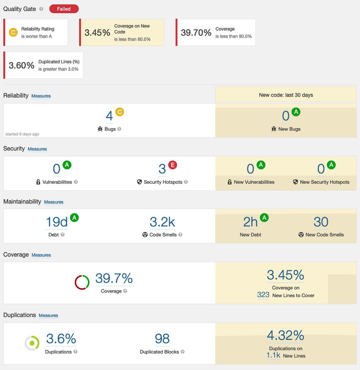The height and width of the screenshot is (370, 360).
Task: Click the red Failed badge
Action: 64,9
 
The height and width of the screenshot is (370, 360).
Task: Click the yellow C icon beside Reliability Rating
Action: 13,32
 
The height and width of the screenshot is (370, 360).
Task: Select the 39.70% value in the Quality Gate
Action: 196,33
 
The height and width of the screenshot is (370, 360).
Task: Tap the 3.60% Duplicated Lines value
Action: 22,65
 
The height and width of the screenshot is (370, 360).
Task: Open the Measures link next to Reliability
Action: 41,96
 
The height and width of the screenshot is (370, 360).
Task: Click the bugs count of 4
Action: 109,116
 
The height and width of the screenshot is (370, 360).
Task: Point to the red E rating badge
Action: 173,165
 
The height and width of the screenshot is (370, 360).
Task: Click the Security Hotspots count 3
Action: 162,169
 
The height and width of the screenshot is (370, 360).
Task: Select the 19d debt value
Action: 56,222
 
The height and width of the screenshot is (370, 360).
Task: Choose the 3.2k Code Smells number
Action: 162,222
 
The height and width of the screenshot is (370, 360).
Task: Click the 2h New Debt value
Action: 250,222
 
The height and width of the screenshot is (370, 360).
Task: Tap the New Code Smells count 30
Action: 321,222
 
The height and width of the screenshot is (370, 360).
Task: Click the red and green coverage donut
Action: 82,282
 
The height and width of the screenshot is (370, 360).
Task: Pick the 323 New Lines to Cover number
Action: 263,295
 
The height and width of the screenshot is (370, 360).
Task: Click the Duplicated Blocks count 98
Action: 162,339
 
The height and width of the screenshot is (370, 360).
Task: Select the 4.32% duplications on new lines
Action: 286,336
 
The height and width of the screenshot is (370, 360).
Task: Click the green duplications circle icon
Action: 32,343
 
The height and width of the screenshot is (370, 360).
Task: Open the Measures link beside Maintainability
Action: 54,202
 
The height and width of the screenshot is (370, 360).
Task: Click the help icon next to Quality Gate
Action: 41,9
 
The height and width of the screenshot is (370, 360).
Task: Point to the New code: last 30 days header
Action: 286,95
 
